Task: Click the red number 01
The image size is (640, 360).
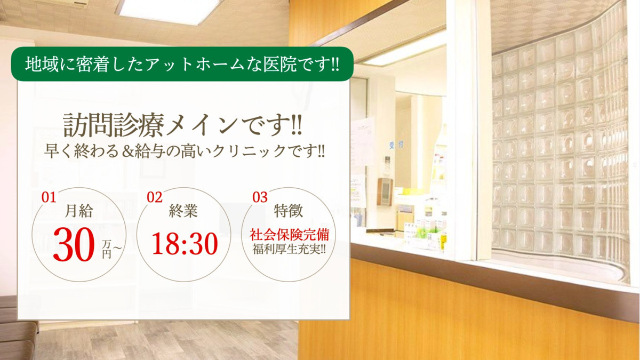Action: [49, 197]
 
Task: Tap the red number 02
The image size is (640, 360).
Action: [155, 197]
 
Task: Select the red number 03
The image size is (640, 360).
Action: [260, 197]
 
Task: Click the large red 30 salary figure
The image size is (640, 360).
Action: [74, 245]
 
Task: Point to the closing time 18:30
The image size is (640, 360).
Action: [185, 243]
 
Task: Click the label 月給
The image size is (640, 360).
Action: [79, 211]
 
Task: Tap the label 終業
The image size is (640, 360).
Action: [183, 211]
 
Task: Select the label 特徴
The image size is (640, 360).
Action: [289, 211]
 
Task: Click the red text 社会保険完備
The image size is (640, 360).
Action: [289, 235]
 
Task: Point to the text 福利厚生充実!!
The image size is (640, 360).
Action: [289, 249]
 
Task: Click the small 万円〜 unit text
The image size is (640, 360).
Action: [111, 249]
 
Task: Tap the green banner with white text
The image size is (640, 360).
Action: [182, 64]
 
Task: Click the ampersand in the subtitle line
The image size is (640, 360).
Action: [127, 151]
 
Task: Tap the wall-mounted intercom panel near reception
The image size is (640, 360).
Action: [385, 191]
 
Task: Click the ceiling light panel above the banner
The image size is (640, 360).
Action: [169, 11]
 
